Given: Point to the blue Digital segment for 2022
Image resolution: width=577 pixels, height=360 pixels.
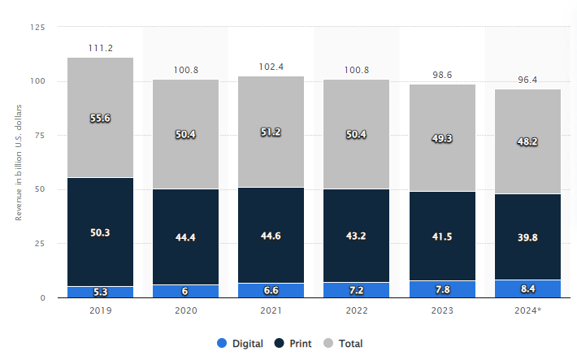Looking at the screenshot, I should [357, 290].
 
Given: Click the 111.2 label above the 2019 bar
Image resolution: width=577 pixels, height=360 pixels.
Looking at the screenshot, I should [100, 49].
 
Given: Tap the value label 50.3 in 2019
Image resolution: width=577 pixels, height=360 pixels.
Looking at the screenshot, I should [100, 232].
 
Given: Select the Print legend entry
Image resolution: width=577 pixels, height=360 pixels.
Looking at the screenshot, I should [294, 344].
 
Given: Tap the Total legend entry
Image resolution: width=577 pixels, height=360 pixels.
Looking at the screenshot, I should [345, 344].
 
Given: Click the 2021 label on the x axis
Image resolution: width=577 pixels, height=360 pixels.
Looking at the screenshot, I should [271, 310].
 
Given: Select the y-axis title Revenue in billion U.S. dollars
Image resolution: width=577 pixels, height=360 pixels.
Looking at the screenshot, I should [18, 163].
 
